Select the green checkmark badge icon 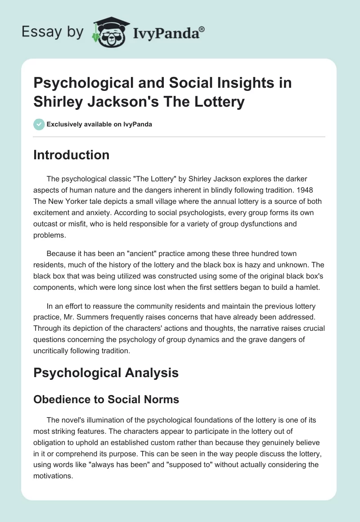point(39,124)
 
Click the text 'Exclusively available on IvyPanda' point(99,124)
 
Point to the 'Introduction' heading point(71,155)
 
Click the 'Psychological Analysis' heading point(106,373)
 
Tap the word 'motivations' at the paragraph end point(53,475)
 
